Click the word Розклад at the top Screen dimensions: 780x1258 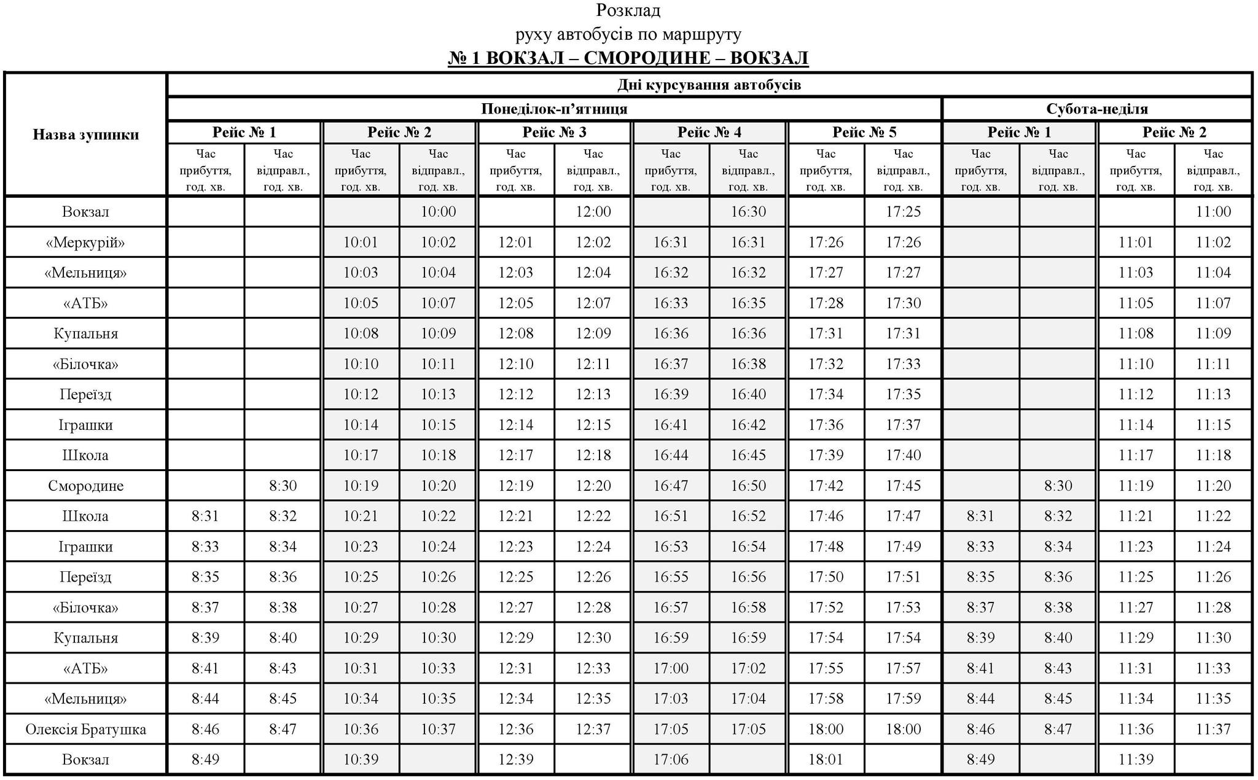pyautogui.click(x=628, y=11)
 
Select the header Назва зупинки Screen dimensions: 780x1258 pyautogui.click(x=86, y=135)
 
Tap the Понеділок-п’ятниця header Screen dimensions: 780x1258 pyautogui.click(x=554, y=109)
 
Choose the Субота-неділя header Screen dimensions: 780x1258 pyautogui.click(x=1097, y=109)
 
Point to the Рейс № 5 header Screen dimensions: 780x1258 pyautogui.click(x=864, y=132)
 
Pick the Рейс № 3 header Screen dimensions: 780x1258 pyautogui.click(x=554, y=132)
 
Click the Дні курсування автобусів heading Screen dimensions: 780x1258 pyautogui.click(x=709, y=85)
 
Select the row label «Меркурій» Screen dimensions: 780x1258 pyautogui.click(x=85, y=243)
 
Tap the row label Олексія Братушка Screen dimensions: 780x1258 pyautogui.click(x=85, y=730)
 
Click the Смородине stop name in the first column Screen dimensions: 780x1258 pyautogui.click(x=85, y=486)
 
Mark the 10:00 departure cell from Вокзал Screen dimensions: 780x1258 pyautogui.click(x=438, y=212)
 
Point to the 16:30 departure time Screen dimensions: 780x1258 pyautogui.click(x=748, y=212)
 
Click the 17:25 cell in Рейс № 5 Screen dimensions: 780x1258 pyautogui.click(x=903, y=212)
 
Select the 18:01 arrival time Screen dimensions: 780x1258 pyautogui.click(x=826, y=760)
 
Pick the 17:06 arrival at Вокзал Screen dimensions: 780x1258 pyautogui.click(x=671, y=760)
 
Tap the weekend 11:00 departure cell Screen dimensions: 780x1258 pyautogui.click(x=1213, y=212)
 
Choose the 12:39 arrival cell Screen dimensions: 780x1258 pyautogui.click(x=515, y=760)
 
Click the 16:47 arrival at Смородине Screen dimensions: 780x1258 pyautogui.click(x=671, y=486)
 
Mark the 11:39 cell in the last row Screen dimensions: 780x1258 pyautogui.click(x=1136, y=760)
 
